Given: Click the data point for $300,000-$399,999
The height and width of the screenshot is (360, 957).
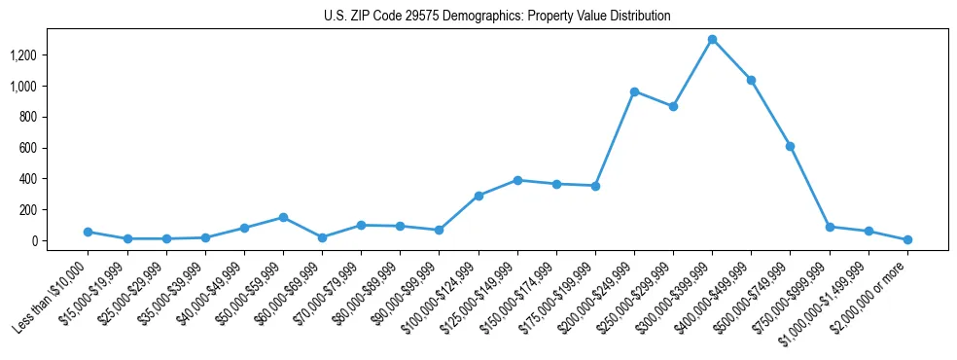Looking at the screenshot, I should point(712,40).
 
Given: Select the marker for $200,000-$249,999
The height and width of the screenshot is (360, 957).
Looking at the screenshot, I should point(634,91).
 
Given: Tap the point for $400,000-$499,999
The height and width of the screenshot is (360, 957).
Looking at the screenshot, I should point(751,80).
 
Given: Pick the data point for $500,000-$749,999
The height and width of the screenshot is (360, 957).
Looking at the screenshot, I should point(790,146).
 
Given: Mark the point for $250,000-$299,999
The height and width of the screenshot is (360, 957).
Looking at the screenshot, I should point(673,106).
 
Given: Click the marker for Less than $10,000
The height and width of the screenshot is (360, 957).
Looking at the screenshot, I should point(88,232).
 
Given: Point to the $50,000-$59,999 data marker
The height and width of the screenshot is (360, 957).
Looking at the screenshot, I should point(283,217).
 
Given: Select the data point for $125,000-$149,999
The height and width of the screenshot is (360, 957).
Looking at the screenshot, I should point(517,180).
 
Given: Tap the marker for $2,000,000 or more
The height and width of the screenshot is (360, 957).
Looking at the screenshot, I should point(907,239).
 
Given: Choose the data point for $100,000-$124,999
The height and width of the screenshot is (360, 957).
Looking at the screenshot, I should point(478,196).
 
